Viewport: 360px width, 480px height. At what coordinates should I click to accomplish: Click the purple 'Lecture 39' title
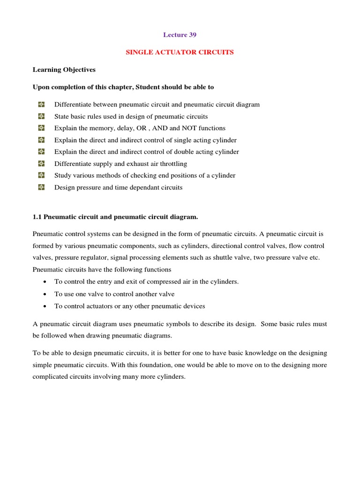pos(180,35)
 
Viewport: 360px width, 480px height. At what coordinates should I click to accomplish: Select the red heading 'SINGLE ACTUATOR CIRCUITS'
pos(180,52)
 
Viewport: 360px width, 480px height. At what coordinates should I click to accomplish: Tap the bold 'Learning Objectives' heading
pos(64,69)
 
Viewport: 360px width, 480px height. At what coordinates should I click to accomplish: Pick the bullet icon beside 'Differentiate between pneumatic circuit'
pos(41,105)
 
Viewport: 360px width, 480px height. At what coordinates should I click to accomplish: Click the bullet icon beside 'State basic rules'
pos(41,116)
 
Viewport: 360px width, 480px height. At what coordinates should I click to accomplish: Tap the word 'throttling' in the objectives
pos(172,164)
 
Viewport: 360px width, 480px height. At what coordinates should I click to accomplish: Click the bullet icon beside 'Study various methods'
pos(41,175)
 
